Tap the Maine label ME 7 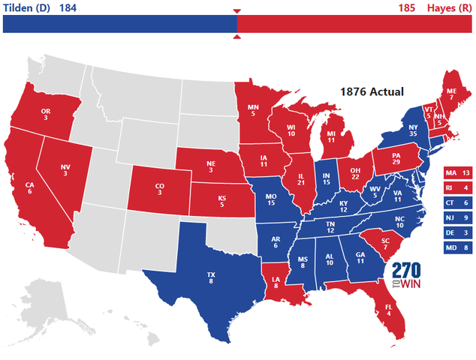tap(451, 94)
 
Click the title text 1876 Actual tap(372, 91)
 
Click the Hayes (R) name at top tap(450, 7)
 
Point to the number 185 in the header tap(407, 7)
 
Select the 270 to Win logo tap(406, 277)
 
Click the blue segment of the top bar tap(120, 24)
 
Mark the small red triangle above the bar tap(237, 10)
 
